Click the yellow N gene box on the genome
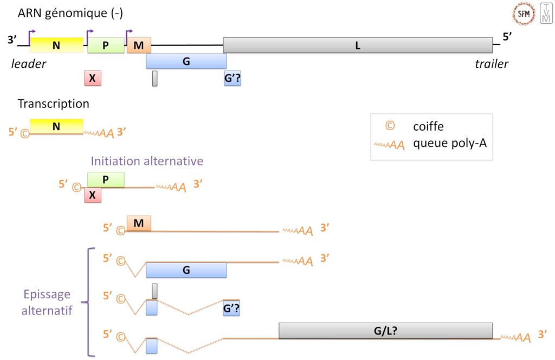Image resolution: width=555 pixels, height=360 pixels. (56, 46)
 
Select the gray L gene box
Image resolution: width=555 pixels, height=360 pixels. (358, 46)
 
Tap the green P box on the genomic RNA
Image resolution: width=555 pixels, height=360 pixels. (106, 46)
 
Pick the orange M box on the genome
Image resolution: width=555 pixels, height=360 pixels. (139, 46)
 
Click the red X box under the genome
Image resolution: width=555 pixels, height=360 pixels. (93, 79)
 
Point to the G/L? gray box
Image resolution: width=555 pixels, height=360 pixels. (385, 331)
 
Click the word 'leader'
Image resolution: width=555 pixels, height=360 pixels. (29, 65)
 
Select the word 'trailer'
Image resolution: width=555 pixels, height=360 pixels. (492, 65)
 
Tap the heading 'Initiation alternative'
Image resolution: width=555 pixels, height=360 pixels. (147, 161)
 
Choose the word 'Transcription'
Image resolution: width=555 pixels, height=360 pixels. (53, 103)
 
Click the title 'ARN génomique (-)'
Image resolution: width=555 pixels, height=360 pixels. (70, 13)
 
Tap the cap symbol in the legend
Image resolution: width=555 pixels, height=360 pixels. (389, 126)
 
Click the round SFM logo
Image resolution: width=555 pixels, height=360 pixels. (524, 14)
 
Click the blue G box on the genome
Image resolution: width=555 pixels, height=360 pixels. (186, 61)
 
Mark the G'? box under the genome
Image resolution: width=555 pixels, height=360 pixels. (233, 79)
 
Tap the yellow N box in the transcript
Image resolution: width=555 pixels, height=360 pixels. (56, 126)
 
